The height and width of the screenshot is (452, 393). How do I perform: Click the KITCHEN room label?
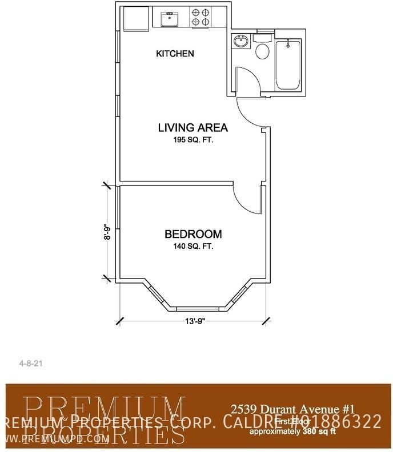tap(175, 54)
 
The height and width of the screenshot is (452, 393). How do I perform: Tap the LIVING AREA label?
tap(193, 128)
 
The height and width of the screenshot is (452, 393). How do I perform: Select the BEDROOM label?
tap(193, 234)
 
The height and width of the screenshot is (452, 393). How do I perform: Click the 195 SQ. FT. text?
tap(193, 140)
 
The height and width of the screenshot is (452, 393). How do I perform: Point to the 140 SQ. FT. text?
tap(193, 247)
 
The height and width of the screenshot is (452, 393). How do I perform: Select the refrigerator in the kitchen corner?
tap(135, 18)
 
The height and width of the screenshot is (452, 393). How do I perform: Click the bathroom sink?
tap(240, 42)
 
